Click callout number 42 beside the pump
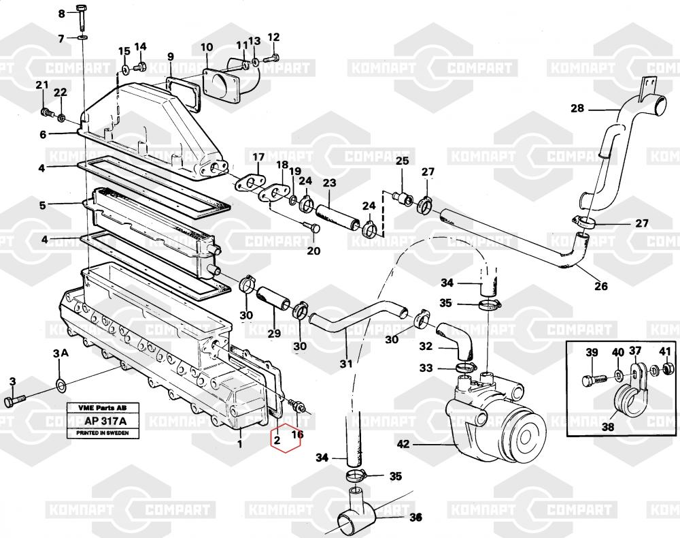(404, 445)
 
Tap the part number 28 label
(577, 108)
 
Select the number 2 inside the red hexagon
(277, 440)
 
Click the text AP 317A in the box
(101, 421)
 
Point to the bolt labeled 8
(83, 16)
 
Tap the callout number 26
(601, 285)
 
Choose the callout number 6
(43, 134)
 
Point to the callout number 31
(347, 364)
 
